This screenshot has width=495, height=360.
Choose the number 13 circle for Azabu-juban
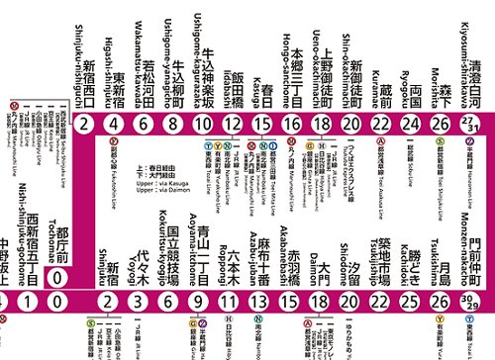click(259, 302)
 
